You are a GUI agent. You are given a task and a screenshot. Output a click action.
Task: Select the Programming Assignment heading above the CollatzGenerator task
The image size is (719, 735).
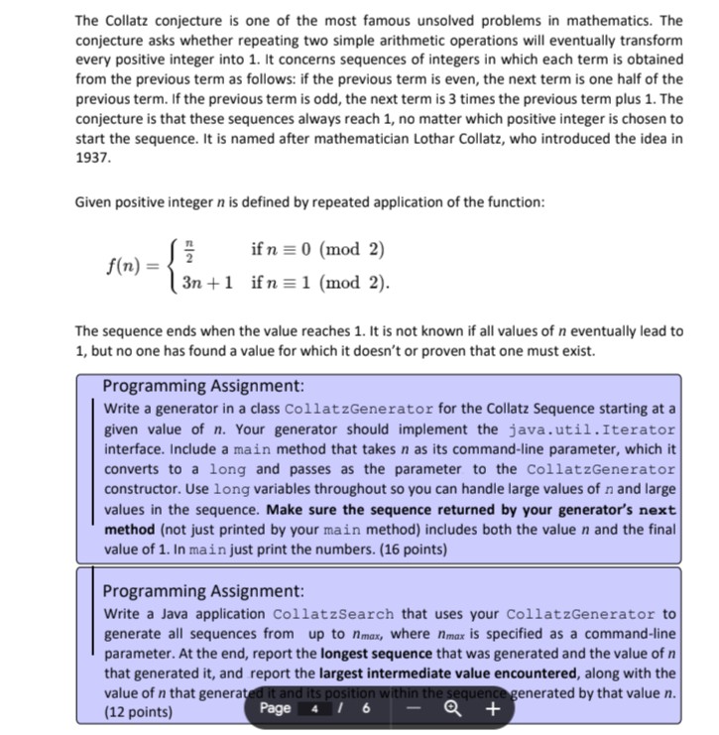(203, 386)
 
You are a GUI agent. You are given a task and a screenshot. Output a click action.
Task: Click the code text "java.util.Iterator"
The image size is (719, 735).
(592, 429)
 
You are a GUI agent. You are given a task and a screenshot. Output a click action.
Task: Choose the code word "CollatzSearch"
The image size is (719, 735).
(332, 614)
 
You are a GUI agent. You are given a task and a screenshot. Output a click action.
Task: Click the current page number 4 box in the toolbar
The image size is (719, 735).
(314, 709)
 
